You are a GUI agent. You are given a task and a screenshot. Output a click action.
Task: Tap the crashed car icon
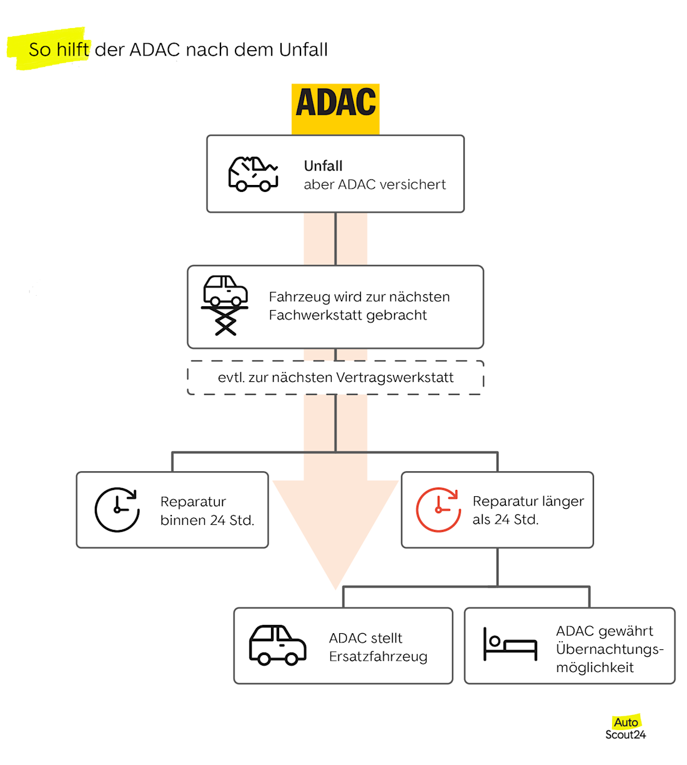(x=252, y=174)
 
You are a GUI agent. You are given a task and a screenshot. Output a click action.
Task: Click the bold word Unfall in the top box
(x=323, y=166)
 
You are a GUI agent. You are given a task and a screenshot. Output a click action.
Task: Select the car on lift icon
(x=225, y=305)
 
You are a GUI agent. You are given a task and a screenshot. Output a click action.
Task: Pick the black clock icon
(x=117, y=509)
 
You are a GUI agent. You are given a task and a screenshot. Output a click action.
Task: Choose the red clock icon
(x=438, y=509)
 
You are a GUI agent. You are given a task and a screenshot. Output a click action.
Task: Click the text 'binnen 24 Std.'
(x=207, y=520)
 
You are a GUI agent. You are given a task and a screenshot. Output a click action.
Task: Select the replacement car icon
(x=277, y=645)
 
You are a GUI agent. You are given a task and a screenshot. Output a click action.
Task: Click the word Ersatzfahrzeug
(x=378, y=656)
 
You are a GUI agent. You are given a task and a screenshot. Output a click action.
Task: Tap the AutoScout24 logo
(x=625, y=729)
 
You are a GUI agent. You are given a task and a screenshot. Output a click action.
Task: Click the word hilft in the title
(x=73, y=49)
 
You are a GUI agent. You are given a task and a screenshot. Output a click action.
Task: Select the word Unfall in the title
(x=303, y=49)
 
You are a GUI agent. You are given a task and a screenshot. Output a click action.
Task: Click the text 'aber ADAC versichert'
(x=375, y=184)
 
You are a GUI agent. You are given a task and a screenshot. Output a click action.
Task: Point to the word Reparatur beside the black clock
(x=193, y=502)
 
